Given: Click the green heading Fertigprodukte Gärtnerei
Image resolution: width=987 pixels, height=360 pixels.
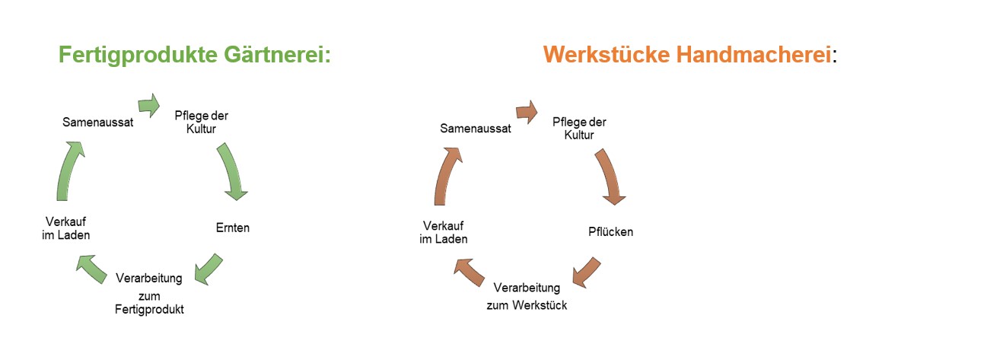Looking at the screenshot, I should pyautogui.click(x=195, y=56).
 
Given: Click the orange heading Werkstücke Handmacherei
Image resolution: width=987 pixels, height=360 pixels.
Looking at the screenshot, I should pyautogui.click(x=687, y=56).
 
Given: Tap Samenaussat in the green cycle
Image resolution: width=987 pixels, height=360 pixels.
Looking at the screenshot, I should pyautogui.click(x=98, y=122).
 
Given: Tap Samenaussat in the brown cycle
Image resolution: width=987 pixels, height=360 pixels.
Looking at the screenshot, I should pyautogui.click(x=475, y=129).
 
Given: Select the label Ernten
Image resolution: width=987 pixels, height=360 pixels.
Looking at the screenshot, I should pyautogui.click(x=233, y=228).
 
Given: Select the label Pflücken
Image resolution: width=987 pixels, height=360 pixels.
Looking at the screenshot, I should pyautogui.click(x=610, y=231).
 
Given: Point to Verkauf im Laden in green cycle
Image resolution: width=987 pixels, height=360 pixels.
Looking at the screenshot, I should pyautogui.click(x=65, y=228).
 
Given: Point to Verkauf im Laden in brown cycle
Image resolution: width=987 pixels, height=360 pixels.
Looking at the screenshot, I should pyautogui.click(x=444, y=232).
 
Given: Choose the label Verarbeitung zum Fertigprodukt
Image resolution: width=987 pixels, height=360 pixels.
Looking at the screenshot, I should pyautogui.click(x=149, y=293).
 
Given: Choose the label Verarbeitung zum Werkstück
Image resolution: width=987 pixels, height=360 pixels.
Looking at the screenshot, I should pyautogui.click(x=527, y=296).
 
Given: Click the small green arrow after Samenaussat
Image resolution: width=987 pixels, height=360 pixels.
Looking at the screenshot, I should pyautogui.click(x=148, y=104).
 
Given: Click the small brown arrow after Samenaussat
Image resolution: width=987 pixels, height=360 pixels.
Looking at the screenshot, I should pyautogui.click(x=527, y=112).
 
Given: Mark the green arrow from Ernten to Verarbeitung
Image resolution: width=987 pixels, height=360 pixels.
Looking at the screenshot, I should pyautogui.click(x=208, y=269).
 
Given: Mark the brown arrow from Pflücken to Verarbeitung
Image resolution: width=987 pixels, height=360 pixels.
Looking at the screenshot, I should pyautogui.click(x=586, y=272).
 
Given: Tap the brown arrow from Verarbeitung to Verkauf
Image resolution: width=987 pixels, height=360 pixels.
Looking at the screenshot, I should pyautogui.click(x=470, y=271).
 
